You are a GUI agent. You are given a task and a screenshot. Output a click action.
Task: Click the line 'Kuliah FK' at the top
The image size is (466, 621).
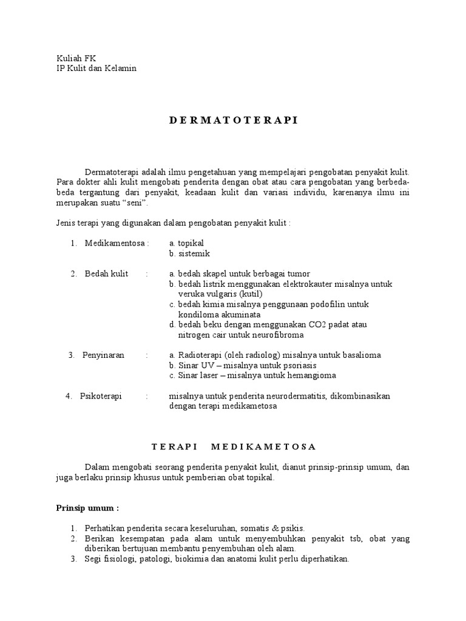pyautogui.click(x=76, y=58)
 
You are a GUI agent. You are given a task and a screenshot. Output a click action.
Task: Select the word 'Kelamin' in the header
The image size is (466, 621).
pyautogui.click(x=122, y=68)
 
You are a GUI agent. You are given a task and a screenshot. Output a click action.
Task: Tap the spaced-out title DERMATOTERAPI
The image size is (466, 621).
pyautogui.click(x=232, y=120)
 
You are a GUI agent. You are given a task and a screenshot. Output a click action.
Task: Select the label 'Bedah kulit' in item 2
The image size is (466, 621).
pyautogui.click(x=106, y=274)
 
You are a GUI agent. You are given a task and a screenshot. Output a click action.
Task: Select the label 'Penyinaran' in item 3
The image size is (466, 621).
pyautogui.click(x=103, y=355)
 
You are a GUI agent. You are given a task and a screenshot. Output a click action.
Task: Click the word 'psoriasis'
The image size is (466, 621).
pyautogui.click(x=297, y=366)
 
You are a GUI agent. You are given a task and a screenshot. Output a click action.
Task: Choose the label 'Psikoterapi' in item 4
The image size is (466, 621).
pyautogui.click(x=101, y=396)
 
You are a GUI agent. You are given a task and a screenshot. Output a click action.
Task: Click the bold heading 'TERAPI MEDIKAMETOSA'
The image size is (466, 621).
pyautogui.click(x=233, y=447)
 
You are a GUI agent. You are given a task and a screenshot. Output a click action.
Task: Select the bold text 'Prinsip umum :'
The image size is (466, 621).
pyautogui.click(x=87, y=508)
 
